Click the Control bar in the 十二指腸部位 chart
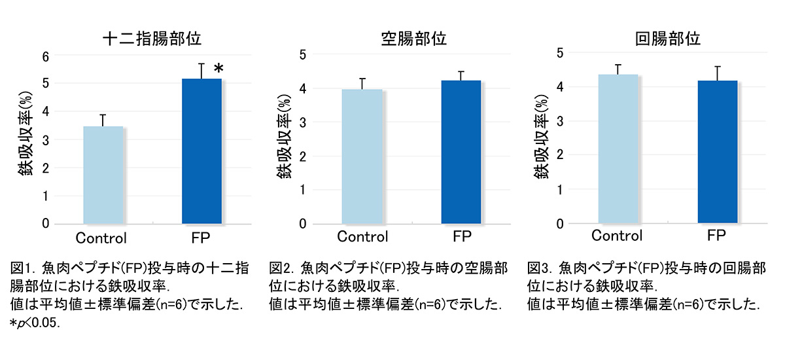103,175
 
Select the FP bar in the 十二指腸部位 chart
201,151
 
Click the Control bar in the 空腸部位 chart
362,156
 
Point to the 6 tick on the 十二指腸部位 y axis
45,56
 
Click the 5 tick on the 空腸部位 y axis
302,54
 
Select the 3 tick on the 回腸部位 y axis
559,121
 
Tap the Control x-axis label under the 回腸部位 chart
617,236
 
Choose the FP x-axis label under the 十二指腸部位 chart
201,237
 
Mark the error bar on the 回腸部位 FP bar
717,73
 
